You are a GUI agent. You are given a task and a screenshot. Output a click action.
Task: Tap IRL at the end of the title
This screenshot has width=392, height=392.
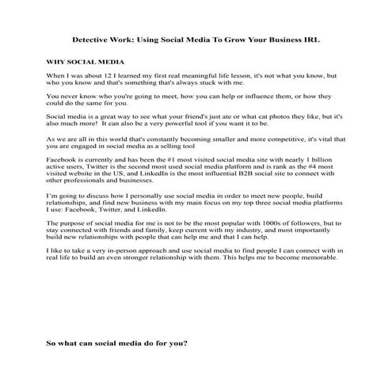pos(311,39)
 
